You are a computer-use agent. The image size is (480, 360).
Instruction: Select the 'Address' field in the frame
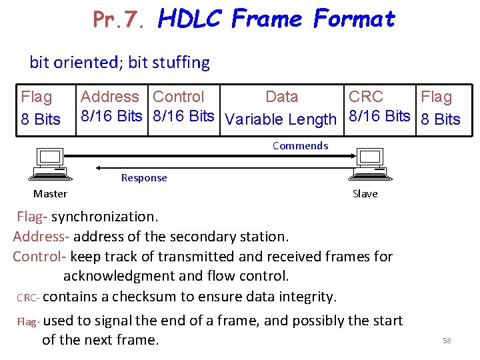tap(110, 97)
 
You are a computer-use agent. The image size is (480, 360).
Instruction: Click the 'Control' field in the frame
tap(178, 97)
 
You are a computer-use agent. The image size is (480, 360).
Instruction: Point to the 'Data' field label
tap(281, 97)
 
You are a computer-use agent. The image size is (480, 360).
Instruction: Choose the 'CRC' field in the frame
tap(366, 97)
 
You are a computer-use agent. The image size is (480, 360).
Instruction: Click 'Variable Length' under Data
tap(281, 119)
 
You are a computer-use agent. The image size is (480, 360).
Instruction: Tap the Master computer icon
tap(49, 164)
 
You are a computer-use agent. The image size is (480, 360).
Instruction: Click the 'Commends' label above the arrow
tap(300, 146)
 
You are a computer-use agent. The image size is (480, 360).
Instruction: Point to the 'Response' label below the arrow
tap(144, 178)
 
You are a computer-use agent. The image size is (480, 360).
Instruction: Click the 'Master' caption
tap(50, 194)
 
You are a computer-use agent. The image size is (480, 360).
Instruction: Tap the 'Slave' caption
tap(365, 194)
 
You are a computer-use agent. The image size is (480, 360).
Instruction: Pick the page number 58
tap(447, 341)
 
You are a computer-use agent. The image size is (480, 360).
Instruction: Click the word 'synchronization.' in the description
tap(105, 217)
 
